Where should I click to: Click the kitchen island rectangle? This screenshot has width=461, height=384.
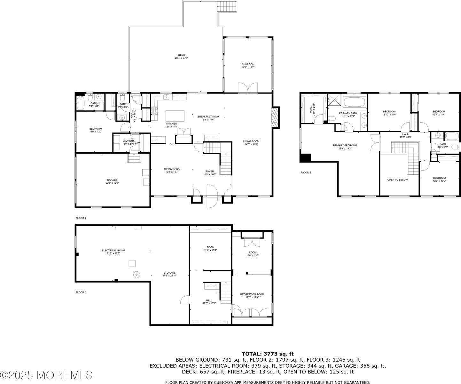point(175,115)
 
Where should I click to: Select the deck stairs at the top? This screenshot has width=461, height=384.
point(227,6)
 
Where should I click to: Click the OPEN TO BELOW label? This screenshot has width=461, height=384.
point(397,180)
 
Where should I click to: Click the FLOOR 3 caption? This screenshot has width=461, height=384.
point(306,172)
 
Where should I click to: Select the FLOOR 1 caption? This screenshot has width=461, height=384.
point(81,292)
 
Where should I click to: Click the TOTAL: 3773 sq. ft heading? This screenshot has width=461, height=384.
point(267,354)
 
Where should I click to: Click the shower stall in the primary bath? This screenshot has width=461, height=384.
point(334,100)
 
